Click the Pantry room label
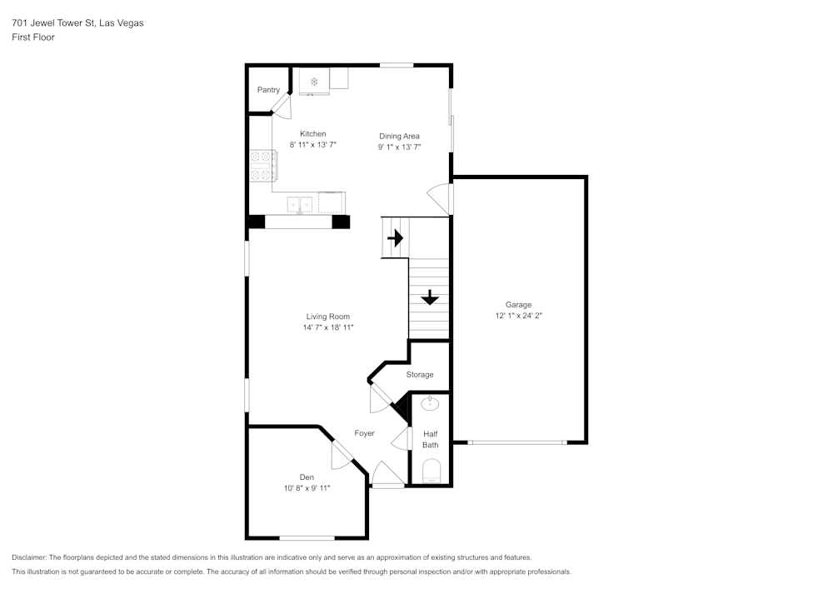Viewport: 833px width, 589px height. click(x=268, y=90)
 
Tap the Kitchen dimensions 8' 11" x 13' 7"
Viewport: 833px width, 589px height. click(x=312, y=145)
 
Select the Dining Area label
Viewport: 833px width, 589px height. click(x=399, y=136)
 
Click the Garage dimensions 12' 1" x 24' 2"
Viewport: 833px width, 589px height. click(x=518, y=316)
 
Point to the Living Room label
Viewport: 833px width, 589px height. click(x=327, y=317)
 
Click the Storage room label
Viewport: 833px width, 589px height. click(x=420, y=375)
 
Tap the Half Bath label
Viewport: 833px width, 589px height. click(x=430, y=439)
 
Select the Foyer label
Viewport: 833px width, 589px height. click(x=364, y=433)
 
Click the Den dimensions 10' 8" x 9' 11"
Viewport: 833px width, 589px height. click(x=307, y=488)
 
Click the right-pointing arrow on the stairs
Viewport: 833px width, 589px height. click(x=395, y=238)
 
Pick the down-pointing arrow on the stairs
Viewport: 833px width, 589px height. click(x=429, y=297)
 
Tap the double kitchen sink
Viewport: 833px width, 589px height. click(x=300, y=203)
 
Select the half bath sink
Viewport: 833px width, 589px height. click(x=430, y=405)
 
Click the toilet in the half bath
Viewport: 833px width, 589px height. click(x=431, y=475)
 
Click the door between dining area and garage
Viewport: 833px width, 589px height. click(x=440, y=198)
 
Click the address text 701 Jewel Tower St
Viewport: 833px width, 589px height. click(x=77, y=23)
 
